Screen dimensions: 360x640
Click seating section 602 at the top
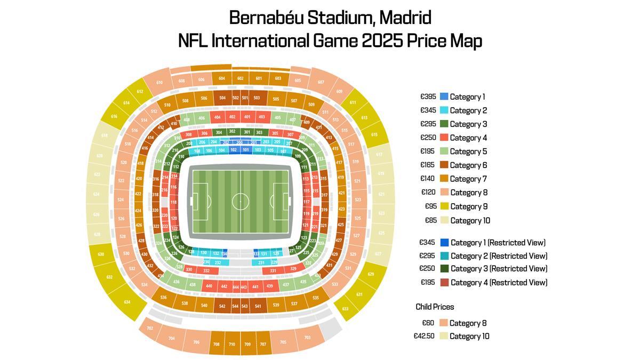pyautogui.click(x=241, y=78)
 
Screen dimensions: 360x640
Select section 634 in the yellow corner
pyautogui.click(x=127, y=302)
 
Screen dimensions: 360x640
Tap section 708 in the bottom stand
pyautogui.click(x=217, y=345)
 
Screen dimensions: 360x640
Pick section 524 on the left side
pyautogui.click(x=121, y=199)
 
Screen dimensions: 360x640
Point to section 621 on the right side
pyautogui.click(x=381, y=194)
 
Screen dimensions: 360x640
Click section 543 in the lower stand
pyautogui.click(x=245, y=307)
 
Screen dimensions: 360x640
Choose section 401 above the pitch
pyautogui.click(x=247, y=117)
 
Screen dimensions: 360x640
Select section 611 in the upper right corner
pyautogui.click(x=353, y=102)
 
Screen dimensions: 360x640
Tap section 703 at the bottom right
pyautogui.click(x=307, y=338)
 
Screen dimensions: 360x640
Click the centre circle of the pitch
pyautogui.click(x=241, y=202)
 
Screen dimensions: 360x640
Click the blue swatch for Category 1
pyautogui.click(x=444, y=97)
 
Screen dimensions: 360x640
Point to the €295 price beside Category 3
pyautogui.click(x=428, y=124)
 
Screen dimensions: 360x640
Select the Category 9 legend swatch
pyautogui.click(x=444, y=206)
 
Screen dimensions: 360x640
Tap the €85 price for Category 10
pyautogui.click(x=431, y=220)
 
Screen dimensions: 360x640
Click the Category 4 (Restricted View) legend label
pyautogui.click(x=499, y=283)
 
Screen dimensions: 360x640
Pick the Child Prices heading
pyautogui.click(x=435, y=307)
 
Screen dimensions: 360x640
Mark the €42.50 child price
pyautogui.click(x=425, y=336)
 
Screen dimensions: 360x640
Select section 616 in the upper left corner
pyautogui.click(x=114, y=116)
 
